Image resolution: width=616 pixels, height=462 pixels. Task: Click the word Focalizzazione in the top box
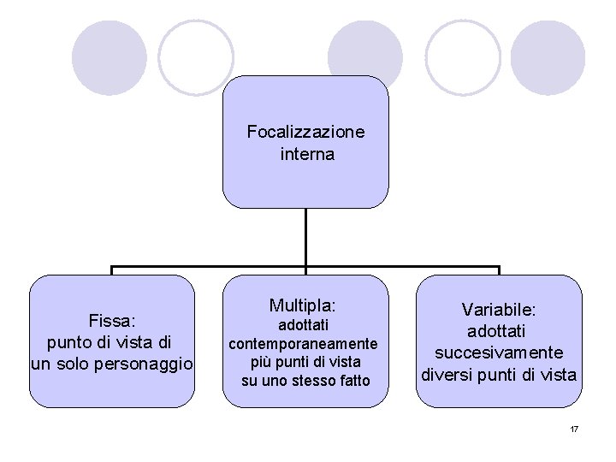coord(305,132)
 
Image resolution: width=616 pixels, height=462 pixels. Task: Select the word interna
coord(306,155)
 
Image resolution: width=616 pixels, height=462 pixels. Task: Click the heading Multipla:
coord(303,305)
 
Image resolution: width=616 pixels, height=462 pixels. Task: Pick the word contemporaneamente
coord(302,344)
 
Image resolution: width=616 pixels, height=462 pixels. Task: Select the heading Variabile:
coord(498,309)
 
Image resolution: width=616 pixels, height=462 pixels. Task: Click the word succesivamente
coord(498,352)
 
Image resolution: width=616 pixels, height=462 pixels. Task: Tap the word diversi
coord(449,375)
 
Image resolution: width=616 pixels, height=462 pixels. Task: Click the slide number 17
coord(574,428)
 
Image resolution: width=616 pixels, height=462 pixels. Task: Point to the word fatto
coord(353,380)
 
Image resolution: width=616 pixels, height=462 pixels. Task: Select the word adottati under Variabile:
coord(498,330)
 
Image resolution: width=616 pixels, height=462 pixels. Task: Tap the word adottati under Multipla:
coord(303,325)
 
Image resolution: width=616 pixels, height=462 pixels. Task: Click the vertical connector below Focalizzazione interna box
coord(305,237)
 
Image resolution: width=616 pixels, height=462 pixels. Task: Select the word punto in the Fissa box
coord(70,342)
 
